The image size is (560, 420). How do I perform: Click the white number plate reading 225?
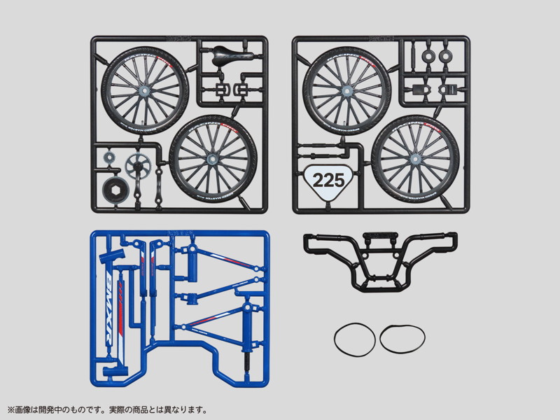pos(328,180)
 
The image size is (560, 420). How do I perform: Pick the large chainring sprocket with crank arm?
pos(137,167)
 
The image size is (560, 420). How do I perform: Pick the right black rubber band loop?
pos(401,339)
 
